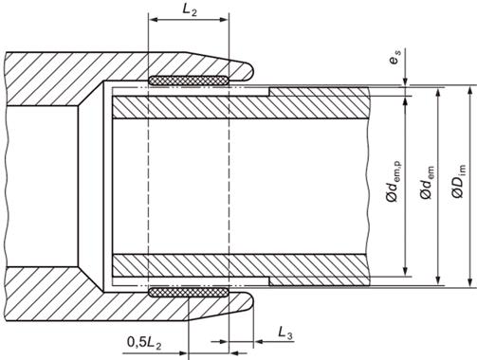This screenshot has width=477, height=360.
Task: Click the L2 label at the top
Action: [190, 10]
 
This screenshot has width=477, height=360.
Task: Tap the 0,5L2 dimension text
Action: [144, 343]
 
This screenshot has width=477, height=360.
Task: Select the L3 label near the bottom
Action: [285, 333]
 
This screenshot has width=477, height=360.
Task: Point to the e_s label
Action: [394, 57]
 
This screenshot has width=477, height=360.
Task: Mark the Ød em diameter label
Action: [427, 182]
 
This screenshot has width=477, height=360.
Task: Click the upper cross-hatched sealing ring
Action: [189, 81]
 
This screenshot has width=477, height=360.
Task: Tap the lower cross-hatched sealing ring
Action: [189, 293]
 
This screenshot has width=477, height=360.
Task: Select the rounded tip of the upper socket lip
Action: [251, 71]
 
